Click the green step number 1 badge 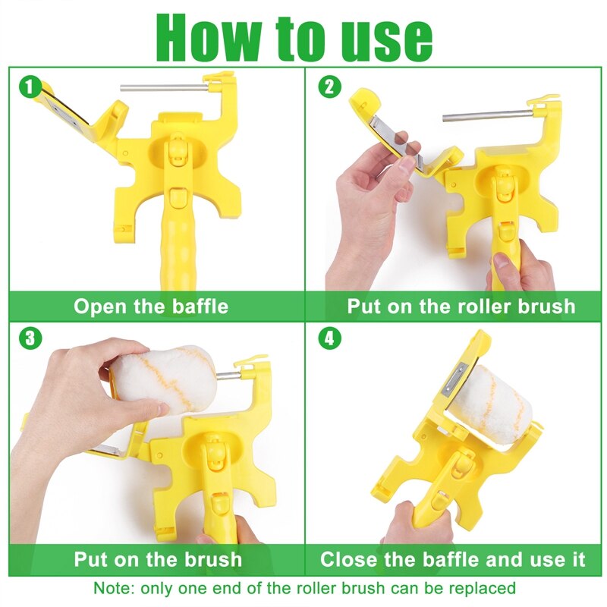pos(29,86)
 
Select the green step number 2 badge pos(328,86)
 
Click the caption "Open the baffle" pos(151,307)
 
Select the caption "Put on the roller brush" pos(461,307)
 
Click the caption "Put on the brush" pos(158,560)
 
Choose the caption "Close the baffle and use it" pos(453,560)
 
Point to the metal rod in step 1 pos(164,87)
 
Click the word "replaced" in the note pos(483,588)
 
